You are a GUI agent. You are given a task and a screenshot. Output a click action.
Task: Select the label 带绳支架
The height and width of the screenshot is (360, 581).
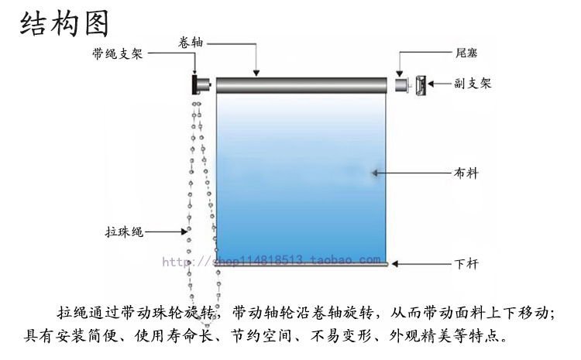116,53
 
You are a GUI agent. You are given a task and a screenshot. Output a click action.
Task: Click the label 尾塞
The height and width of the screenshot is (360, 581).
466,53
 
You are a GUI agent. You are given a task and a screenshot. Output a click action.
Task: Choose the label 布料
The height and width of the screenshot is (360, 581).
466,173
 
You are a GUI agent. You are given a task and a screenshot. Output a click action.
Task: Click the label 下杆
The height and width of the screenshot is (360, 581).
466,264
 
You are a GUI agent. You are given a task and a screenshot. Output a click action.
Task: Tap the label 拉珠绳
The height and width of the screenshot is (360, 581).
122,231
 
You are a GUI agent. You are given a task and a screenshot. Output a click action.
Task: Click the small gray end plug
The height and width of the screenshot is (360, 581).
401,84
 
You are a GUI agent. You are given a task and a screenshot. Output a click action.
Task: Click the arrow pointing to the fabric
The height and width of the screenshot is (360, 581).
411,173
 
